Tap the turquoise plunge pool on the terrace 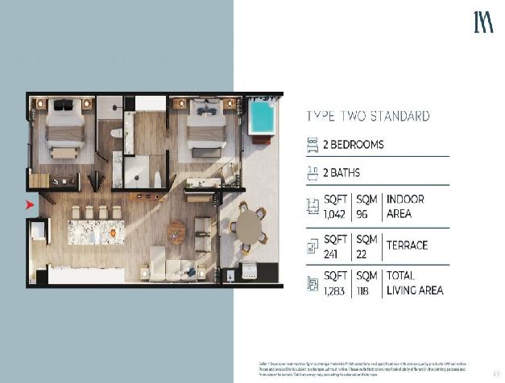pos(261,118)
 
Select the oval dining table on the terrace pos(250,226)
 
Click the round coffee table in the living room pos(176,232)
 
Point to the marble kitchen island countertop pos(96,232)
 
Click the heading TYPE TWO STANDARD pos(367,116)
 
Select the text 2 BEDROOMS pos(353,146)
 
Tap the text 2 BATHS pos(341,173)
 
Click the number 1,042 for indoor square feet pos(333,214)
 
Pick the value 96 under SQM pos(362,214)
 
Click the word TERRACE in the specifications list pos(408,245)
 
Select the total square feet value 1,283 pos(334,290)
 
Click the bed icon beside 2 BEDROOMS pos(313,146)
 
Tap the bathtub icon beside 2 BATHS pos(313,172)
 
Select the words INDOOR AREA pos(406,206)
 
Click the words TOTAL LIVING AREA pos(415,282)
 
